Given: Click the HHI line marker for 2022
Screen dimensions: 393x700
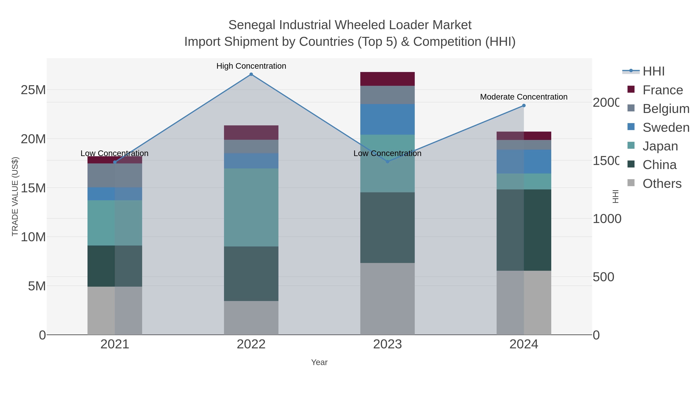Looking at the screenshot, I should click(251, 74).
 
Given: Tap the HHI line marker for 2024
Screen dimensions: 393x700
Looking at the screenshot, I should click(524, 106).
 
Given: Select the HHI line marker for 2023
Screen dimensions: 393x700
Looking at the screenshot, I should click(388, 162).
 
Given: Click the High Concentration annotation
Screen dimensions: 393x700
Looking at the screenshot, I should click(251, 66).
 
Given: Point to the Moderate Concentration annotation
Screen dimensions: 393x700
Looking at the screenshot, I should click(524, 97).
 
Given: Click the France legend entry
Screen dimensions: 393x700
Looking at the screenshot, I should click(662, 90).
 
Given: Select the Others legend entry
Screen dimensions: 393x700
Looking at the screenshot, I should click(662, 183).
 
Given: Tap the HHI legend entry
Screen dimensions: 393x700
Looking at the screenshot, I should click(654, 71).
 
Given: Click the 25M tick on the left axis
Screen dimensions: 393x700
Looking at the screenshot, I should click(33, 90).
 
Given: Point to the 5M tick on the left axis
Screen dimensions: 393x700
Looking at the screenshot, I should click(37, 286).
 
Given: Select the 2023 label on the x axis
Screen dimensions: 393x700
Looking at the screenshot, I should click(387, 344).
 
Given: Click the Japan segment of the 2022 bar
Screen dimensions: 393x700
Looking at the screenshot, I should click(251, 207).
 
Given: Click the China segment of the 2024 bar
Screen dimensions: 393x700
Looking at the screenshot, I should click(524, 230).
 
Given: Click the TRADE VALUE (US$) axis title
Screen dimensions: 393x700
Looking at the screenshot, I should click(15, 196).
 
